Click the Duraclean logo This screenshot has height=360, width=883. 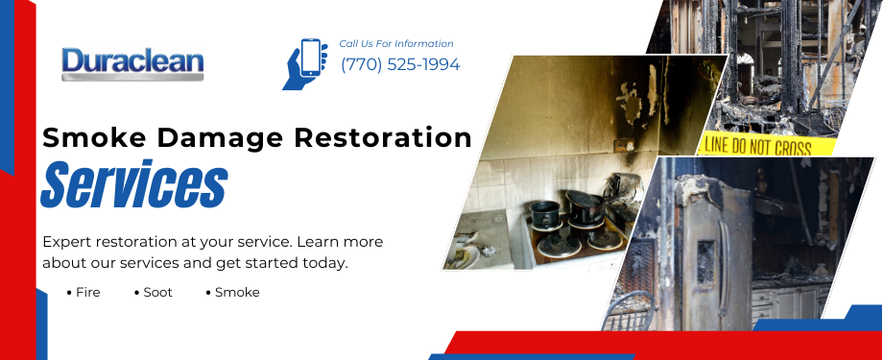pyautogui.click(x=132, y=64)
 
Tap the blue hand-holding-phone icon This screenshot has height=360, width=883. pyautogui.click(x=306, y=63)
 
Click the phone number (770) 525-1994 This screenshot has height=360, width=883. pyautogui.click(x=400, y=65)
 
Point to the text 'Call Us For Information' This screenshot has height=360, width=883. pyautogui.click(x=396, y=44)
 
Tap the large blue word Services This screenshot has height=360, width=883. pyautogui.click(x=134, y=186)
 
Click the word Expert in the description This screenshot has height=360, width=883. pyautogui.click(x=67, y=242)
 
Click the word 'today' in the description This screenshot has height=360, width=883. pyautogui.click(x=324, y=263)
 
